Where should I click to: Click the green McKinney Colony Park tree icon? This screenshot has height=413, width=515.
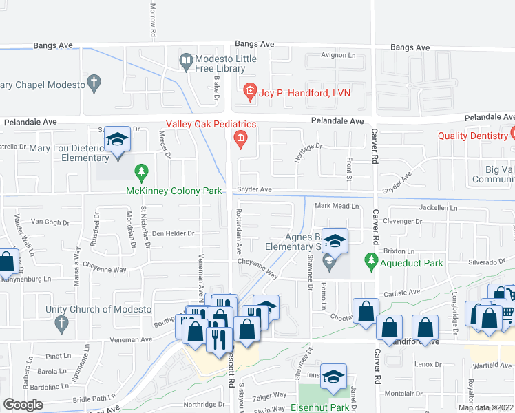pyautogui.click(x=142, y=170)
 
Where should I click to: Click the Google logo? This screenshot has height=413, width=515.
pyautogui.click(x=23, y=404)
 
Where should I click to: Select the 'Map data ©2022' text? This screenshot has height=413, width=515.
pyautogui.click(x=485, y=407)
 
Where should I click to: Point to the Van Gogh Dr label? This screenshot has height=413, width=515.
pyautogui.click(x=48, y=222)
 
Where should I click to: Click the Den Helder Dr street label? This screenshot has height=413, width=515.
pyautogui.click(x=174, y=233)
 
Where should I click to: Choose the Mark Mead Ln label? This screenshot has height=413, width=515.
pyautogui.click(x=337, y=206)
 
